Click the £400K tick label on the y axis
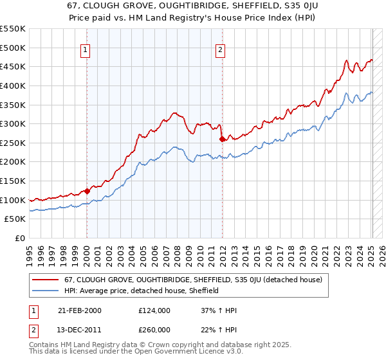pyautogui.click(x=13, y=85)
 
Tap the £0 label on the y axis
pyautogui.click(x=21, y=238)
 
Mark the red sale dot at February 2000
pyautogui.click(x=87, y=190)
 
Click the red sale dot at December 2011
pyautogui.click(x=222, y=138)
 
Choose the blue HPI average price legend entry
pyautogui.click(x=142, y=291)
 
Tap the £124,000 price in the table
pyautogui.click(x=154, y=310)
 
